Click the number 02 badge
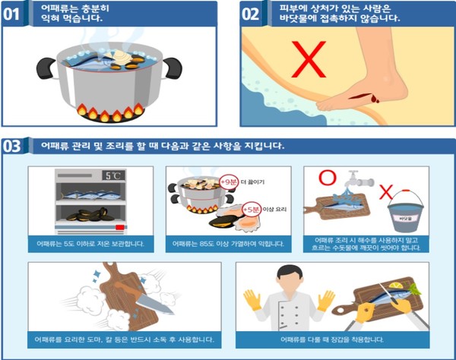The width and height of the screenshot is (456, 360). click(253, 14)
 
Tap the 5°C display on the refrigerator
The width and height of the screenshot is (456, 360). click(112, 175)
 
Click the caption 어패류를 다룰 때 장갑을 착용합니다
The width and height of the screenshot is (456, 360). click(332, 339)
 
